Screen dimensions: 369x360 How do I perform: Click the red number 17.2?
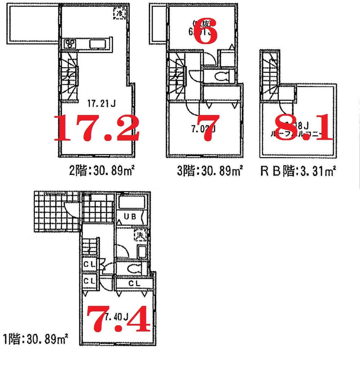pyautogui.click(x=96, y=128)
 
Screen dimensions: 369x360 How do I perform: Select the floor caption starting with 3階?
pyautogui.click(x=210, y=169)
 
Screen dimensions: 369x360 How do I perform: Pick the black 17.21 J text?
pyautogui.click(x=101, y=104)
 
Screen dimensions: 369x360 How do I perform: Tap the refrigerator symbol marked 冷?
pyautogui.click(x=119, y=13)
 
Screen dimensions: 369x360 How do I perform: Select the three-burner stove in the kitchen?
pyautogui.click(x=70, y=44)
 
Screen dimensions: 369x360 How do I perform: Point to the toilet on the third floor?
pyautogui.click(x=221, y=76)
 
